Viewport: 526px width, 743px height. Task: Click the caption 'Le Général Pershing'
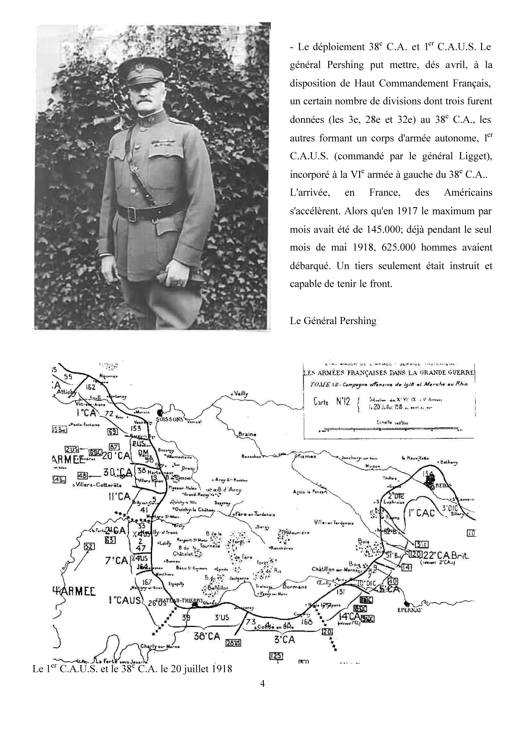[x=333, y=321]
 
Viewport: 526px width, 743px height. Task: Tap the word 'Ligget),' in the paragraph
[x=474, y=156]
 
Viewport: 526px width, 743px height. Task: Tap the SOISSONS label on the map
[x=169, y=419]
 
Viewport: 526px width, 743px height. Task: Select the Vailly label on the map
[x=240, y=394]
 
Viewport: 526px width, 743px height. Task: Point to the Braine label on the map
[x=247, y=434]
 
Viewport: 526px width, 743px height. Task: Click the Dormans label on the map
[x=295, y=587]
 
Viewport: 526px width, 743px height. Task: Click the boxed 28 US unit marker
[x=233, y=643]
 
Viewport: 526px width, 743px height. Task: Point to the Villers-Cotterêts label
[x=98, y=485]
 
